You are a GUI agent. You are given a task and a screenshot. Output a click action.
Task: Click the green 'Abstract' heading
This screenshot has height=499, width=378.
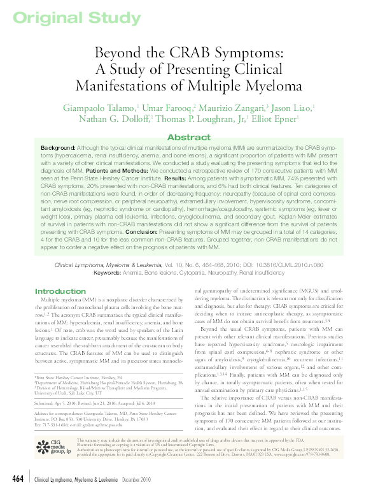[188, 138]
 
